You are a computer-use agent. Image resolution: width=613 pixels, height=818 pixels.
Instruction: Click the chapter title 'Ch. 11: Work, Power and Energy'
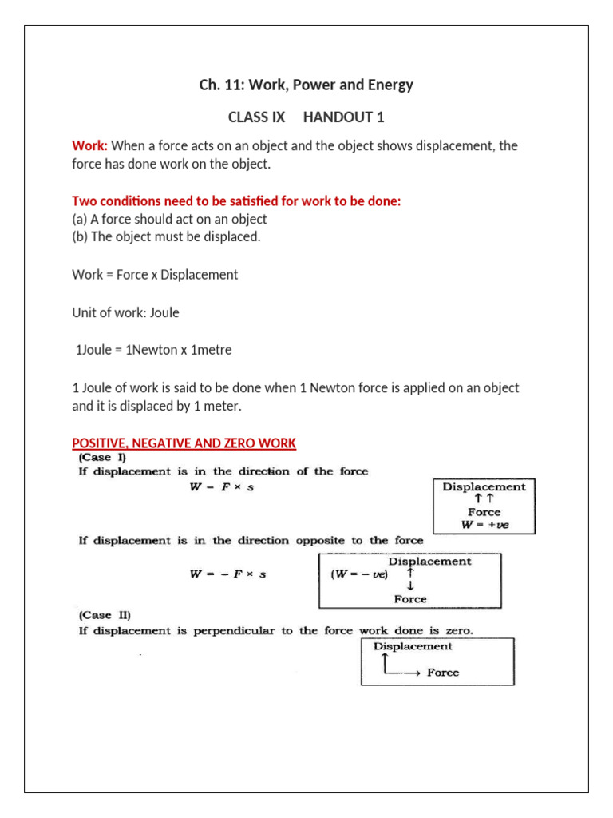[306, 85]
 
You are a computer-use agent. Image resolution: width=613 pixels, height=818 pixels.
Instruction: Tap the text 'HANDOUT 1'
[343, 117]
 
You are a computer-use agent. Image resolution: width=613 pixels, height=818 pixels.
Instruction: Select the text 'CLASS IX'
[256, 117]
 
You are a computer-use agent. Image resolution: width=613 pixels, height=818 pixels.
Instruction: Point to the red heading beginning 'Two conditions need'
[236, 201]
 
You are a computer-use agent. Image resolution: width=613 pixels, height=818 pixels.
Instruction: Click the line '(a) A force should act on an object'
[169, 219]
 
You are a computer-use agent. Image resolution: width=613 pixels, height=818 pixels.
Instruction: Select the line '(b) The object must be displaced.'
[166, 237]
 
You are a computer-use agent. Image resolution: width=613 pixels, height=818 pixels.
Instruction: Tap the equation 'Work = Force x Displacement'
[155, 274]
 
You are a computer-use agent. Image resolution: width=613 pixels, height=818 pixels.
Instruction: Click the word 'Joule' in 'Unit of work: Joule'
[163, 312]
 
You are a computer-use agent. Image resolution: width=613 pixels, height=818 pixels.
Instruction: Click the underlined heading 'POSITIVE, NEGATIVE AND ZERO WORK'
[184, 443]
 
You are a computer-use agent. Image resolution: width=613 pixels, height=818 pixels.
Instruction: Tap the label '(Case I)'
[101, 458]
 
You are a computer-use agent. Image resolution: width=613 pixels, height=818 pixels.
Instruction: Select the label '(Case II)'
[104, 615]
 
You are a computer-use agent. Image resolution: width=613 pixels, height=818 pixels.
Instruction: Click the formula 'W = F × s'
[221, 488]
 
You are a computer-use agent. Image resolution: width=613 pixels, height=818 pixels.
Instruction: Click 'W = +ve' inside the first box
[484, 525]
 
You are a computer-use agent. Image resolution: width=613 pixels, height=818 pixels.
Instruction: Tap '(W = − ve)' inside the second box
[358, 574]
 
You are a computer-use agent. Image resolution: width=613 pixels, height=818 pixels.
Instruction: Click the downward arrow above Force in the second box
[410, 586]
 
